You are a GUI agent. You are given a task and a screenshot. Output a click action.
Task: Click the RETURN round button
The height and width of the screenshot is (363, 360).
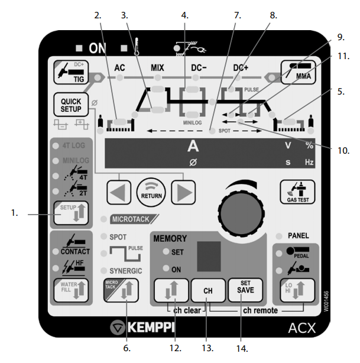[x=151, y=192]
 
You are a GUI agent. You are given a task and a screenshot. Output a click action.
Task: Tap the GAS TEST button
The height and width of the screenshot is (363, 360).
[x=297, y=192]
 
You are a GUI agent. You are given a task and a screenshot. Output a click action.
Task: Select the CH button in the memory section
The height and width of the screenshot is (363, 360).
[x=208, y=290]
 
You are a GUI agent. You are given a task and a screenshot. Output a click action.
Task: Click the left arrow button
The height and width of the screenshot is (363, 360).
[x=119, y=192]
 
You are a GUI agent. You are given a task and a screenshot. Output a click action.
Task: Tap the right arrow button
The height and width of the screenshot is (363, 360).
[x=183, y=192]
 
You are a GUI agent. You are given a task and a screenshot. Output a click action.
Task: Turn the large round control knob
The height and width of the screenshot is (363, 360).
[x=242, y=213]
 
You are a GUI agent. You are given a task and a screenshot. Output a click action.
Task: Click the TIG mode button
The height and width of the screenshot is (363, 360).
[x=71, y=73]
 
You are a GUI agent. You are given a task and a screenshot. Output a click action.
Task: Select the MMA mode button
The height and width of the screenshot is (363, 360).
[x=298, y=72]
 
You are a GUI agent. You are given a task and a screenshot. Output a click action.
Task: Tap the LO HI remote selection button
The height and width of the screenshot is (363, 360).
[x=297, y=290]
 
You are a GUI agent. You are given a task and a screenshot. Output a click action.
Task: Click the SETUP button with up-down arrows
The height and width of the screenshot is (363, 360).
[x=71, y=213]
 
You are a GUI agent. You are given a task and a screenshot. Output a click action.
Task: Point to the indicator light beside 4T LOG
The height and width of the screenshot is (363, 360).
[x=56, y=145]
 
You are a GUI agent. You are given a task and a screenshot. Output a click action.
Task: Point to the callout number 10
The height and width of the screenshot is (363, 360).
[x=343, y=151]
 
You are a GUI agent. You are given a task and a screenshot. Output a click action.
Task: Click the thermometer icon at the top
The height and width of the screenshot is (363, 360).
[x=137, y=47]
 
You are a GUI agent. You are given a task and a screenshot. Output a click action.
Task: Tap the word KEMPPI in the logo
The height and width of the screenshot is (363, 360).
[x=151, y=328]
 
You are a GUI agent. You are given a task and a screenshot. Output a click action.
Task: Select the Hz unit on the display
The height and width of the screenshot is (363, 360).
[x=309, y=162]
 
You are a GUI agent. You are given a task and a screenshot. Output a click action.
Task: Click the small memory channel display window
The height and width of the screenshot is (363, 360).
[x=209, y=256]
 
